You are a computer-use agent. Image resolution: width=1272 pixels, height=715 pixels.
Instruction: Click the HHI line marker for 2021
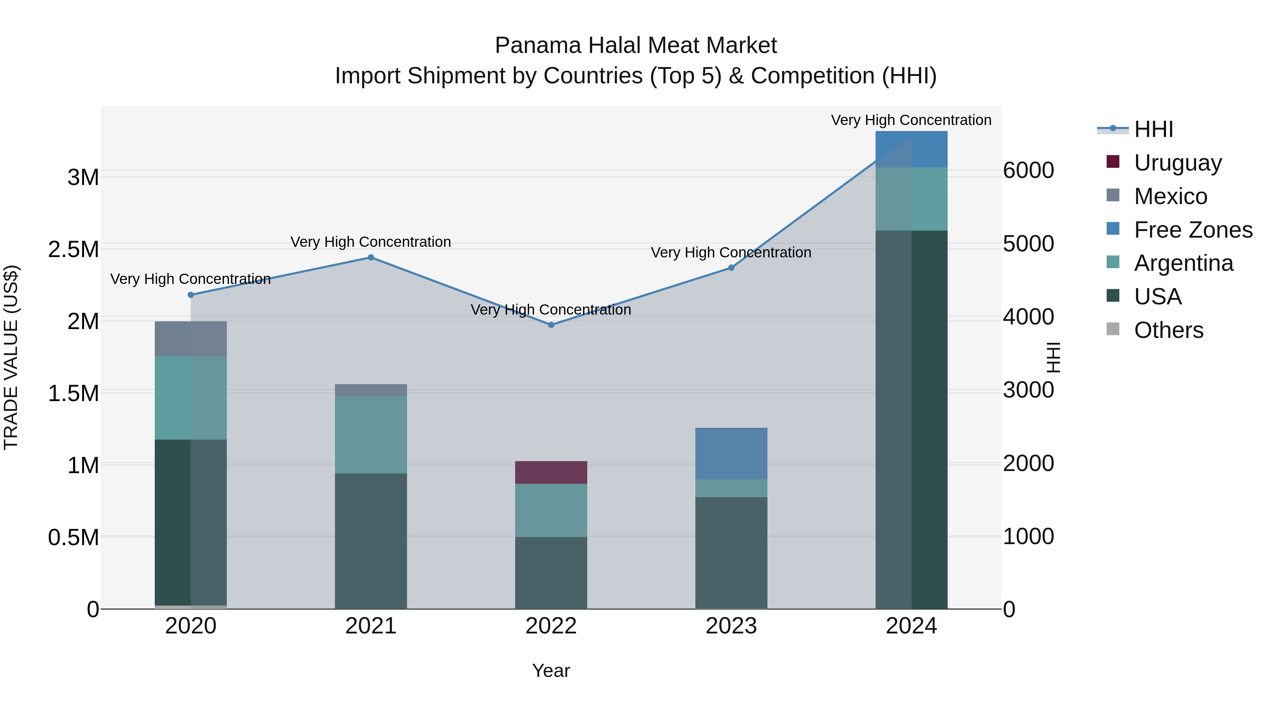(x=371, y=258)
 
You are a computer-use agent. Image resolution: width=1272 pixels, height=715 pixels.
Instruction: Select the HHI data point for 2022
(x=551, y=325)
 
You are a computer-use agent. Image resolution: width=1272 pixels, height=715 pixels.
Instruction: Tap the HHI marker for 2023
(x=731, y=268)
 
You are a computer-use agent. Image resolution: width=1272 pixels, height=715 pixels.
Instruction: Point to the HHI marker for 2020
(x=190, y=295)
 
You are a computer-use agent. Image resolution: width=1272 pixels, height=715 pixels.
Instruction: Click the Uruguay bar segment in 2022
(x=551, y=472)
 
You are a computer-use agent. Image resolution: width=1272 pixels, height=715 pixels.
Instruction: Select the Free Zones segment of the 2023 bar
(x=731, y=453)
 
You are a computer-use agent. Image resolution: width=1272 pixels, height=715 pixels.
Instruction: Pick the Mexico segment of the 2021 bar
(x=371, y=390)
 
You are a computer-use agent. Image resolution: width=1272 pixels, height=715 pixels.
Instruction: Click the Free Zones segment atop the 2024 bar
(x=912, y=149)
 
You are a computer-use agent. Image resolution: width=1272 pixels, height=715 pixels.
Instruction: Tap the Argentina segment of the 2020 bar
(x=190, y=398)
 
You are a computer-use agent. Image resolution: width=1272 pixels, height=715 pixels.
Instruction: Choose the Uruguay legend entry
(x=1178, y=163)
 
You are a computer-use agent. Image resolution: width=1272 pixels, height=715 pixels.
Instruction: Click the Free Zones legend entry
(x=1193, y=230)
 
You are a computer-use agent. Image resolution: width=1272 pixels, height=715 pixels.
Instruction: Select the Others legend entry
(x=1168, y=330)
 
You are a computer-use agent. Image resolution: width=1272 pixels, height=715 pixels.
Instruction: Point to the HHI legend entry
(x=1154, y=129)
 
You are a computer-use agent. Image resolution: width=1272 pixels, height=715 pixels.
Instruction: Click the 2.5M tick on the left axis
(x=73, y=250)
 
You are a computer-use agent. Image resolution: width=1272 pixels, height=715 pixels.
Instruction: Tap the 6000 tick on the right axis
(x=1029, y=171)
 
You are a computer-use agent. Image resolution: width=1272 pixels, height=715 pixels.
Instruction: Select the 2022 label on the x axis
(x=551, y=626)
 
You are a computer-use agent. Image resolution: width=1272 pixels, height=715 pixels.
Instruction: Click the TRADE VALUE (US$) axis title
(x=11, y=357)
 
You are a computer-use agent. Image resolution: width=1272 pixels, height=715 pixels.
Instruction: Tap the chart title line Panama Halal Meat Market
(x=636, y=46)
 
